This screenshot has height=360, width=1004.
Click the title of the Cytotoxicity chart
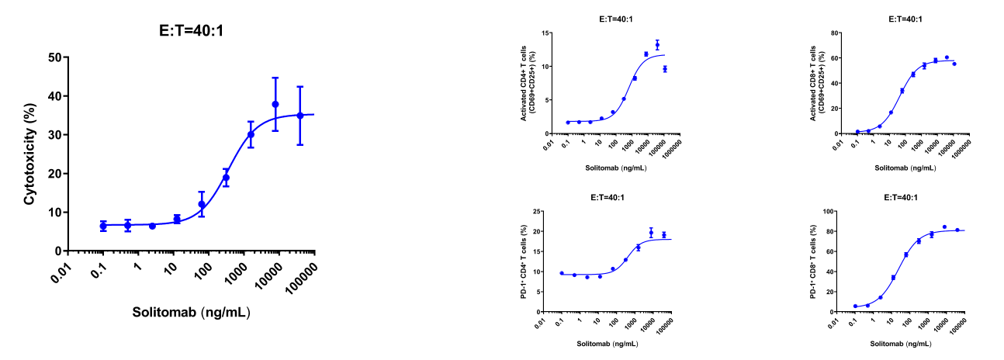[x=191, y=30]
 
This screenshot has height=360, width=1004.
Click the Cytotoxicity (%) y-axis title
[x=29, y=154]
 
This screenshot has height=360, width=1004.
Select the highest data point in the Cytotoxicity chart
[x=275, y=105]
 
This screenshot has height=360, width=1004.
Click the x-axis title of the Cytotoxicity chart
[x=191, y=312]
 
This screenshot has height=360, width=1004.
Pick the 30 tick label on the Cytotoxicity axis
[x=56, y=135]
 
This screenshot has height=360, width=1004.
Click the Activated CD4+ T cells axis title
[x=527, y=83]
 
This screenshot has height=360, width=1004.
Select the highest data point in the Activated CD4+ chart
[x=657, y=45]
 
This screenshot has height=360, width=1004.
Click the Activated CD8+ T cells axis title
[x=817, y=83]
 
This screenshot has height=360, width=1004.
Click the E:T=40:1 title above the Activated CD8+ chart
[x=905, y=19]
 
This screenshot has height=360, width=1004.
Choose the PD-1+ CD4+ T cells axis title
[x=523, y=261]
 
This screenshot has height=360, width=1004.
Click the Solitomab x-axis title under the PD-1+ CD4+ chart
[x=608, y=344]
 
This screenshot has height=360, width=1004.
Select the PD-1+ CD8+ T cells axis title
[x=813, y=261]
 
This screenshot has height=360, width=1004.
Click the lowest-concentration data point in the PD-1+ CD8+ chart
[x=855, y=306]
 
